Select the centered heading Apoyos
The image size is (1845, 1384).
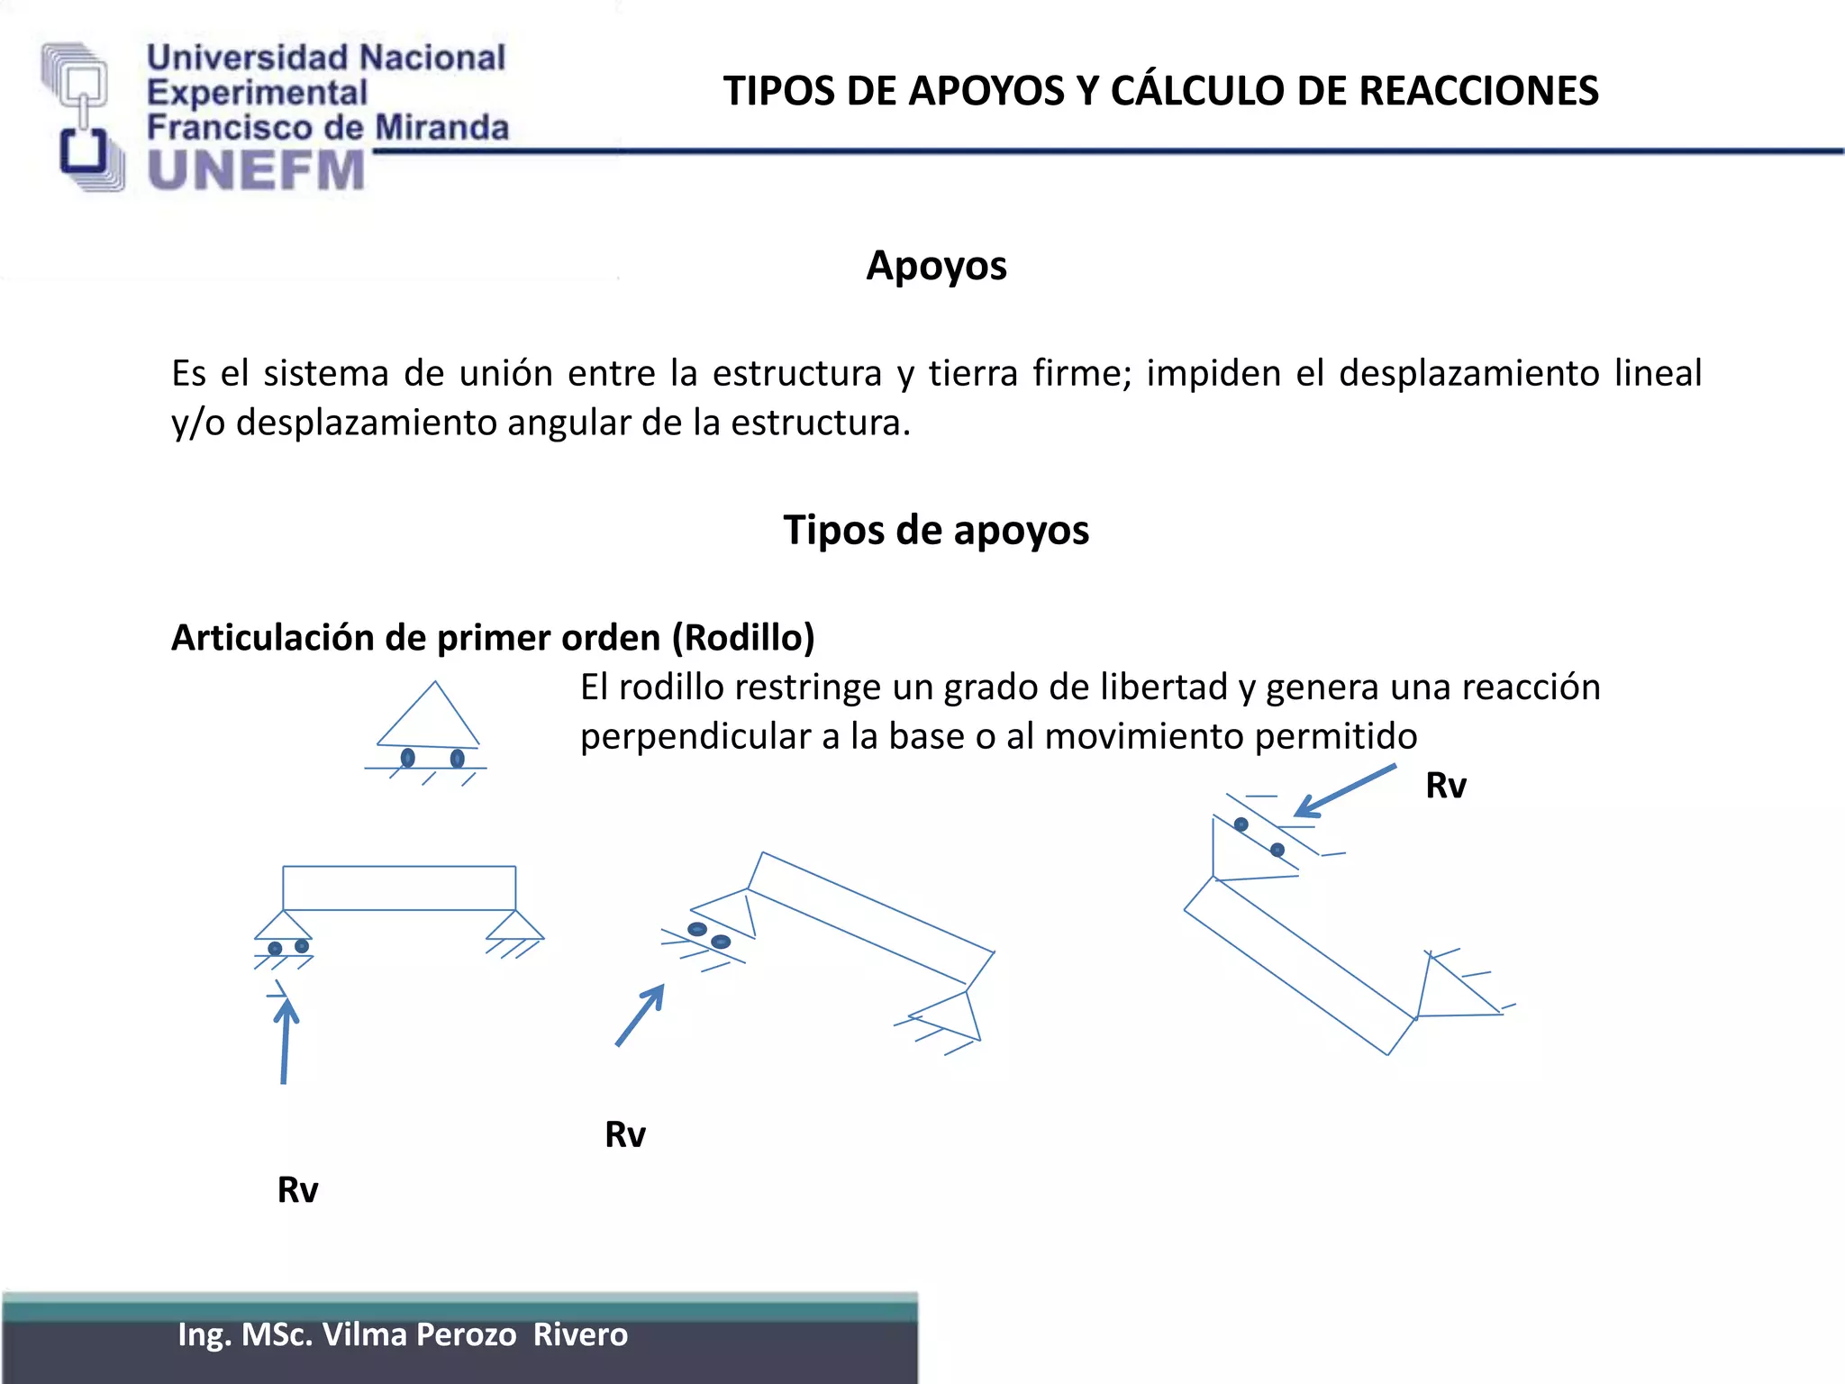click(936, 266)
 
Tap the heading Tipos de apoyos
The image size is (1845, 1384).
click(936, 530)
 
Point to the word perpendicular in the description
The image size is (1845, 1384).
click(695, 736)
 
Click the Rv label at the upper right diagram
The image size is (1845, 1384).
click(1445, 786)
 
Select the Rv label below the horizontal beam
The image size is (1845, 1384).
click(297, 1190)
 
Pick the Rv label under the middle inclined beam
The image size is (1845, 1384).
click(625, 1134)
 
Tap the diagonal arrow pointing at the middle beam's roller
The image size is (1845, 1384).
click(640, 1015)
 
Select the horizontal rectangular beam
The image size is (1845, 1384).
click(399, 888)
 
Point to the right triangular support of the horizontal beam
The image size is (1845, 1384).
click(515, 925)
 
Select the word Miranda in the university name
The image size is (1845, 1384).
click(441, 127)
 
